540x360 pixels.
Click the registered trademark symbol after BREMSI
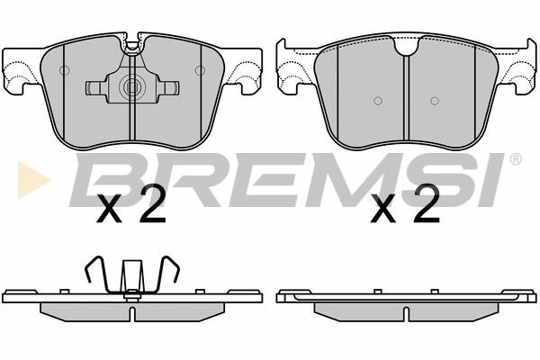tap(515, 158)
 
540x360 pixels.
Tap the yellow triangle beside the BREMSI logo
tap(33, 180)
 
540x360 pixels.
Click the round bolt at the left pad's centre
tap(131, 87)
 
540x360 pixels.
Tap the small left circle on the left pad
tap(65, 70)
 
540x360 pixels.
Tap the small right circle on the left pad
tap(200, 70)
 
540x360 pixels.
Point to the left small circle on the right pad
tap(378, 101)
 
